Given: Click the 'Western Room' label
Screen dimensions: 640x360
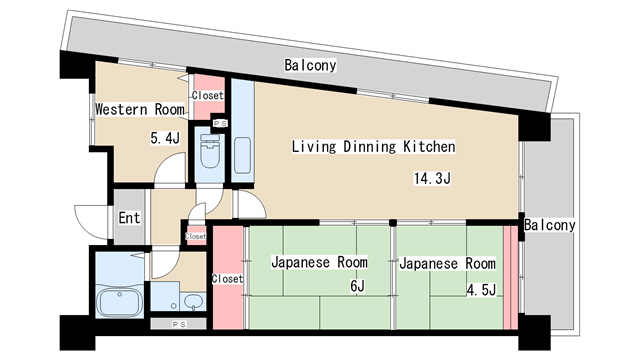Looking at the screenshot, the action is [x=140, y=109].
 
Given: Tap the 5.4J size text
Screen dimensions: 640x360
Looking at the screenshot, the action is [x=165, y=138].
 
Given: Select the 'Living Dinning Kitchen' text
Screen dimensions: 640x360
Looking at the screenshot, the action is [x=373, y=147].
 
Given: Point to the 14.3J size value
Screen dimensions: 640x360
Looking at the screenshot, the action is [x=432, y=178].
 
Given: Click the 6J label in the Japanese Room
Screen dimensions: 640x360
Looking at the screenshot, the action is [x=358, y=287].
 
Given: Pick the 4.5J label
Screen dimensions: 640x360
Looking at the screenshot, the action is [x=482, y=290].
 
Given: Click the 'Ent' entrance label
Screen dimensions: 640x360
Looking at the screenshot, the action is [x=129, y=218].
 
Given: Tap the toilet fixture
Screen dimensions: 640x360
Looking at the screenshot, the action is [x=210, y=152].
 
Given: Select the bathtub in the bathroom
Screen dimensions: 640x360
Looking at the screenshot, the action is [x=119, y=302].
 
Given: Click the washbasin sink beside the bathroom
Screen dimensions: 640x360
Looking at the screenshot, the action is [x=193, y=302].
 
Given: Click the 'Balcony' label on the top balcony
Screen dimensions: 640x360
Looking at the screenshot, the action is [x=310, y=65].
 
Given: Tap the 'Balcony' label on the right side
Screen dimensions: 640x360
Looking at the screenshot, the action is [x=549, y=225].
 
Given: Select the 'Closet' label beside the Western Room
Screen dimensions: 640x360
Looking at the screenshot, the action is [x=208, y=95].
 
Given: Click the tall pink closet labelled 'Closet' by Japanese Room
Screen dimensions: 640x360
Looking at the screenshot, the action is [x=228, y=278].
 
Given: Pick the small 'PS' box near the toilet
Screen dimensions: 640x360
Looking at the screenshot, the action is [x=220, y=123].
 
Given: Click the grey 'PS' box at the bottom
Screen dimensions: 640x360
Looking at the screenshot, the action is [x=178, y=324].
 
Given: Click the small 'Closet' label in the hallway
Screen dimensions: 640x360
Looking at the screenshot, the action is [x=196, y=236].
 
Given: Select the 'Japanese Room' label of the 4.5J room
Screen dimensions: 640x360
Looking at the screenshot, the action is [x=447, y=263].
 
